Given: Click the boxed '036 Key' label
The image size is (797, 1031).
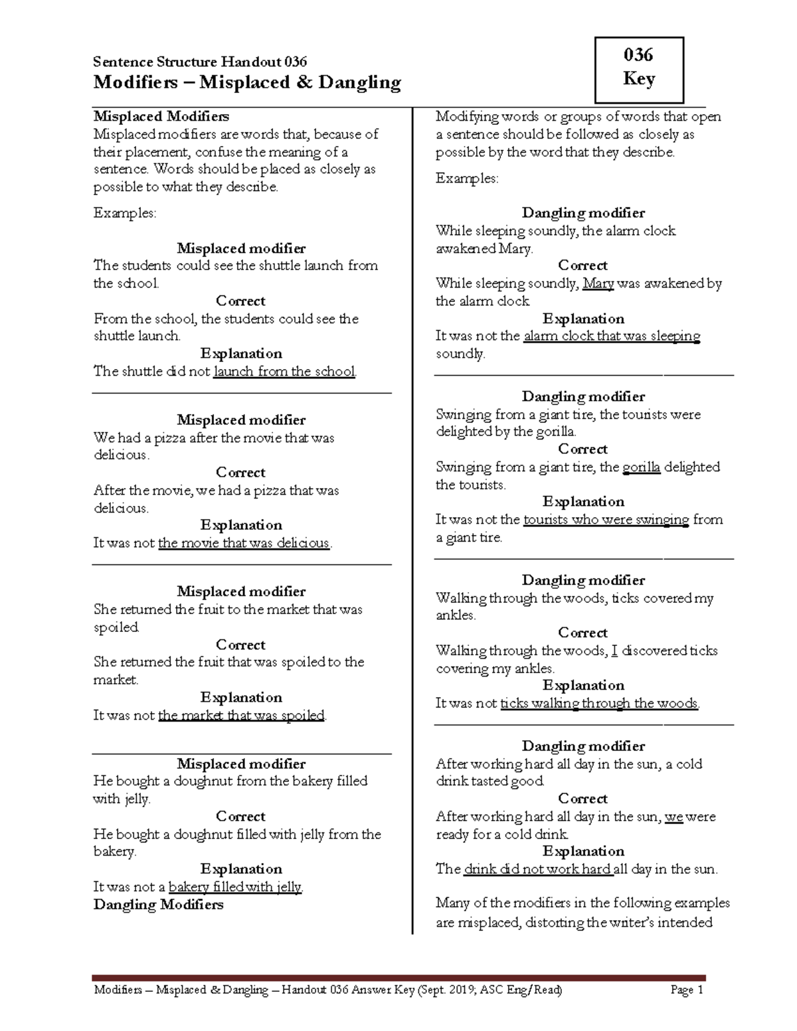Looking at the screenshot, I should pos(639,67).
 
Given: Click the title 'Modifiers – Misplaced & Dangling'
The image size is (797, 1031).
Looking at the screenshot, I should pos(247,82).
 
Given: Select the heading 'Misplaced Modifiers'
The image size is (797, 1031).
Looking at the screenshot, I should pos(161,117).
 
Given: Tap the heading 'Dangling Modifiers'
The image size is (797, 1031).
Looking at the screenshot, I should pos(159,905).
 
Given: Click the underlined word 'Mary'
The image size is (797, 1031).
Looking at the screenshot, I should pos(598,283).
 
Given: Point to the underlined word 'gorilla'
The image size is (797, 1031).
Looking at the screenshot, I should pos(642,467).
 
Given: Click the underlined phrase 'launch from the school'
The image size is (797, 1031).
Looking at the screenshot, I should pos(284,372).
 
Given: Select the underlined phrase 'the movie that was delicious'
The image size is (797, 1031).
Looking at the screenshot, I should pos(244,543).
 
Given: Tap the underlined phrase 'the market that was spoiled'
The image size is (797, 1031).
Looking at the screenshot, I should pos(242,716).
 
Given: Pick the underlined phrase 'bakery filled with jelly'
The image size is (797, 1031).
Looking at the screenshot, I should pos(236,887).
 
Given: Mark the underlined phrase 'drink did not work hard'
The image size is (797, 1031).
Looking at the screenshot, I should pos(538,870).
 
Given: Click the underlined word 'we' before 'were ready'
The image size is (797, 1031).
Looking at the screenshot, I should pos(674,817).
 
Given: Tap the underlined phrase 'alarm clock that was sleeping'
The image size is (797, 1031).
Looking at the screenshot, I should pos(612,337).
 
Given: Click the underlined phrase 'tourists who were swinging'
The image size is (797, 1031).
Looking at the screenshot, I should pos(606,520).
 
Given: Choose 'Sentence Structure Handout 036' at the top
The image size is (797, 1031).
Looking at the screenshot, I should pos(200,62).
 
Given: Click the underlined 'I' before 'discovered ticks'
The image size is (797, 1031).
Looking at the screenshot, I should pos(614,651).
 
